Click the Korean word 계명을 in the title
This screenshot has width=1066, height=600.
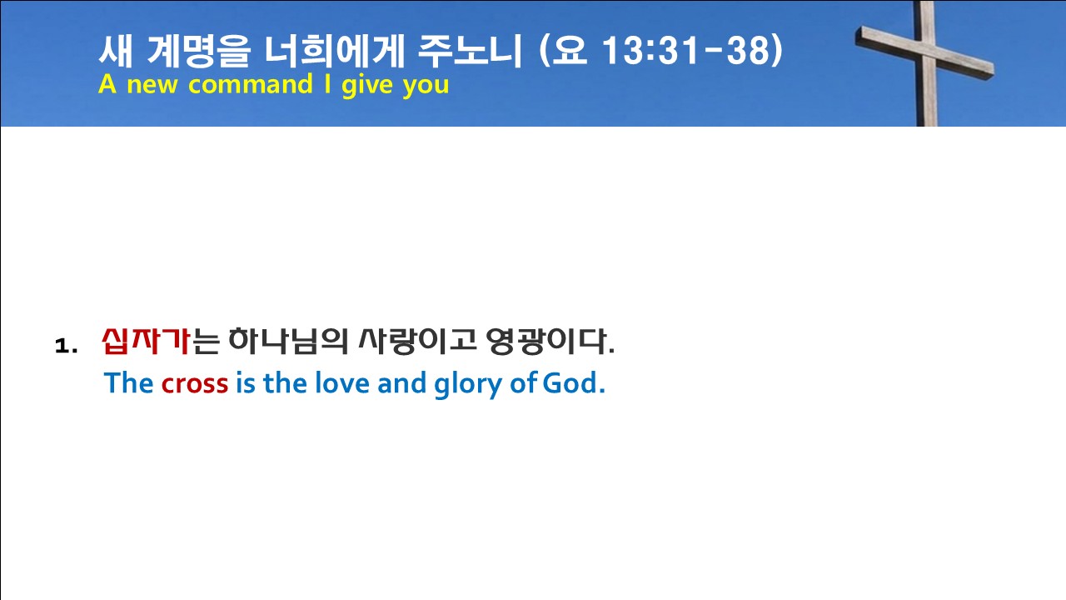click(x=198, y=50)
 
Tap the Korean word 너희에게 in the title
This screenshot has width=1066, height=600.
click(x=334, y=50)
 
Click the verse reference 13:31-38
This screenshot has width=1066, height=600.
click(x=693, y=50)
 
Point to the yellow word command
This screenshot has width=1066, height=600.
click(x=251, y=84)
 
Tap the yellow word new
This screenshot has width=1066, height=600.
click(x=152, y=86)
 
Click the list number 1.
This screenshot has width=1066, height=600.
click(x=66, y=346)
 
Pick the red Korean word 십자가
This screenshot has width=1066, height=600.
click(x=146, y=341)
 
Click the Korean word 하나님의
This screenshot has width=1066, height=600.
click(x=288, y=341)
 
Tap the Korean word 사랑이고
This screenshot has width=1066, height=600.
click(x=417, y=341)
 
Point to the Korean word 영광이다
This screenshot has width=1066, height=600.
click(x=550, y=341)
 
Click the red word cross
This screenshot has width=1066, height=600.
click(x=195, y=384)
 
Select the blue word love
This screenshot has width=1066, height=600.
click(x=342, y=382)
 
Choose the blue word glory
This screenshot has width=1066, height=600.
click(x=468, y=384)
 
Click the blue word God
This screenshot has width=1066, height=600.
click(x=574, y=382)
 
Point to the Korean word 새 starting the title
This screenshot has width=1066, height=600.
click(x=116, y=50)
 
